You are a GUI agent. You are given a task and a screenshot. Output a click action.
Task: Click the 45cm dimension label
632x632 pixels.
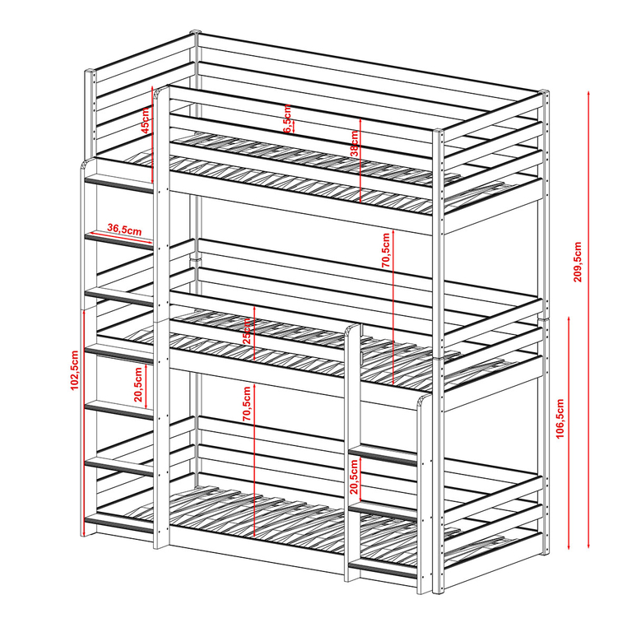(x=145, y=119)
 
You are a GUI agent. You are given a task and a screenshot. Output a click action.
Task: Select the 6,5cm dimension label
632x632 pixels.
(x=286, y=119)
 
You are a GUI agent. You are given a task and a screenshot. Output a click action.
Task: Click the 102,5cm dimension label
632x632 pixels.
(x=75, y=369)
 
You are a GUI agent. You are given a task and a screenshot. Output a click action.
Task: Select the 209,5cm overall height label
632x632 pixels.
(x=578, y=262)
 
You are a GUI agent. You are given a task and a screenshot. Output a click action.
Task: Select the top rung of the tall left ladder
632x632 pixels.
(x=120, y=186)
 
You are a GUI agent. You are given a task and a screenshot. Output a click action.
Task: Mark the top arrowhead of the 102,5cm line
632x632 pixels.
(x=85, y=311)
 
